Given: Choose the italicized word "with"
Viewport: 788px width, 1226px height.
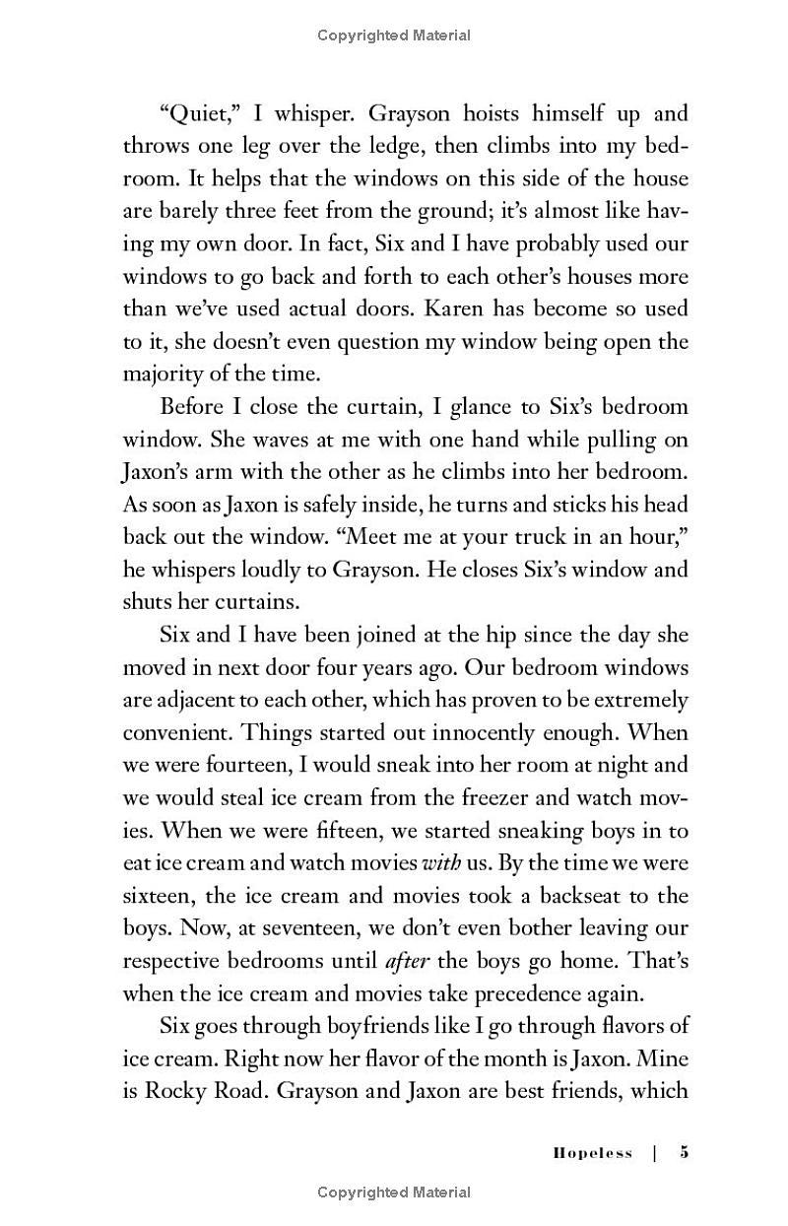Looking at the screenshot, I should coord(441,862).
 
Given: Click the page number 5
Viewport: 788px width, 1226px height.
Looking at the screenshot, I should coord(684,1153).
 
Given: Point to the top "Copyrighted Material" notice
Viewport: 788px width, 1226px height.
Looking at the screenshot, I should coord(394,35).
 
